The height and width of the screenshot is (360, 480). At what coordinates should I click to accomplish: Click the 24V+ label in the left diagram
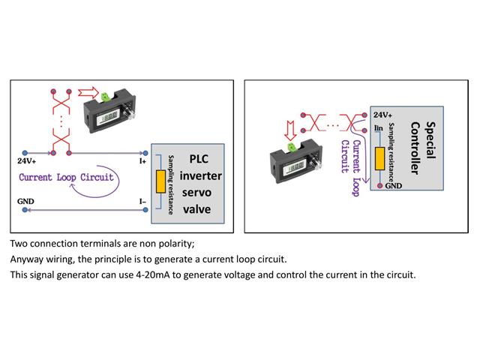point(26,160)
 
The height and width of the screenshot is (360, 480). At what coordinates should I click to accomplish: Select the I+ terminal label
point(142,160)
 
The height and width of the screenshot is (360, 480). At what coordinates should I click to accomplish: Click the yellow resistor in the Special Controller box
point(380,157)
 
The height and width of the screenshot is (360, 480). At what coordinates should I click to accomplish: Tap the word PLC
point(199,160)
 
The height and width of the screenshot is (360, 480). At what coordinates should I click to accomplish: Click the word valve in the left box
point(199,209)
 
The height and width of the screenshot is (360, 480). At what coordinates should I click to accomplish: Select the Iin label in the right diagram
point(379,128)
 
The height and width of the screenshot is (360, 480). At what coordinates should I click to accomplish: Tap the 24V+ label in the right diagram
point(382,115)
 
